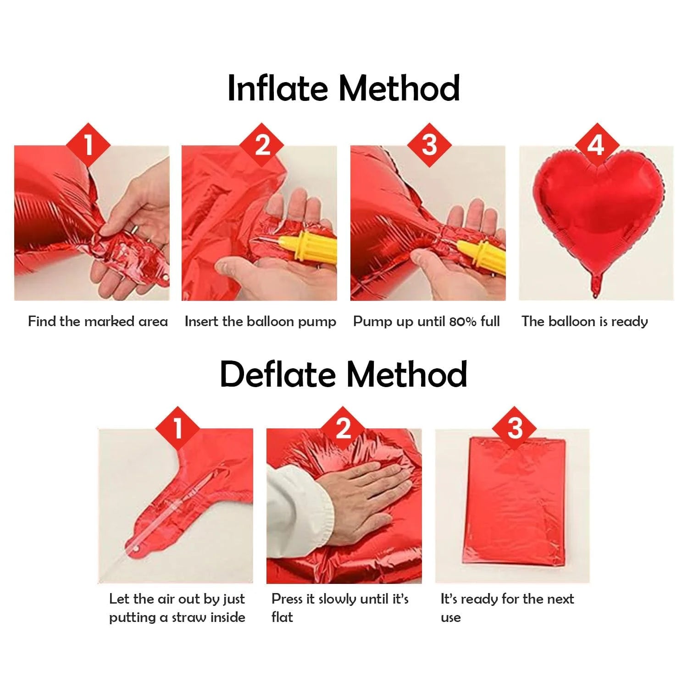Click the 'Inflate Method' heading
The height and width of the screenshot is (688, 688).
[x=344, y=88]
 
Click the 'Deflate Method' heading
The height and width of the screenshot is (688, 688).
[x=344, y=374]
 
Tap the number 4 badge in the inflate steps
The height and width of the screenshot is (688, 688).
[x=596, y=145]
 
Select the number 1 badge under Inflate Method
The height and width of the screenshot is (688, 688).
[x=89, y=145]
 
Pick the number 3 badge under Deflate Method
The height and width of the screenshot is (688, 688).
[x=515, y=428]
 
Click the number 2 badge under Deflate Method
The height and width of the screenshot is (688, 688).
[x=343, y=428]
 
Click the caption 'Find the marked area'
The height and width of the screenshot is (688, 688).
[x=98, y=321]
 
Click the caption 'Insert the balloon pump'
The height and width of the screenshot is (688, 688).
[x=260, y=322]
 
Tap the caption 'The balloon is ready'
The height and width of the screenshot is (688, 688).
[x=584, y=322]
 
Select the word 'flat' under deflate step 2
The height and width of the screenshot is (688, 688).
[x=282, y=617]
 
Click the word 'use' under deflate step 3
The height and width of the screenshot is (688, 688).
[x=450, y=618]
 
